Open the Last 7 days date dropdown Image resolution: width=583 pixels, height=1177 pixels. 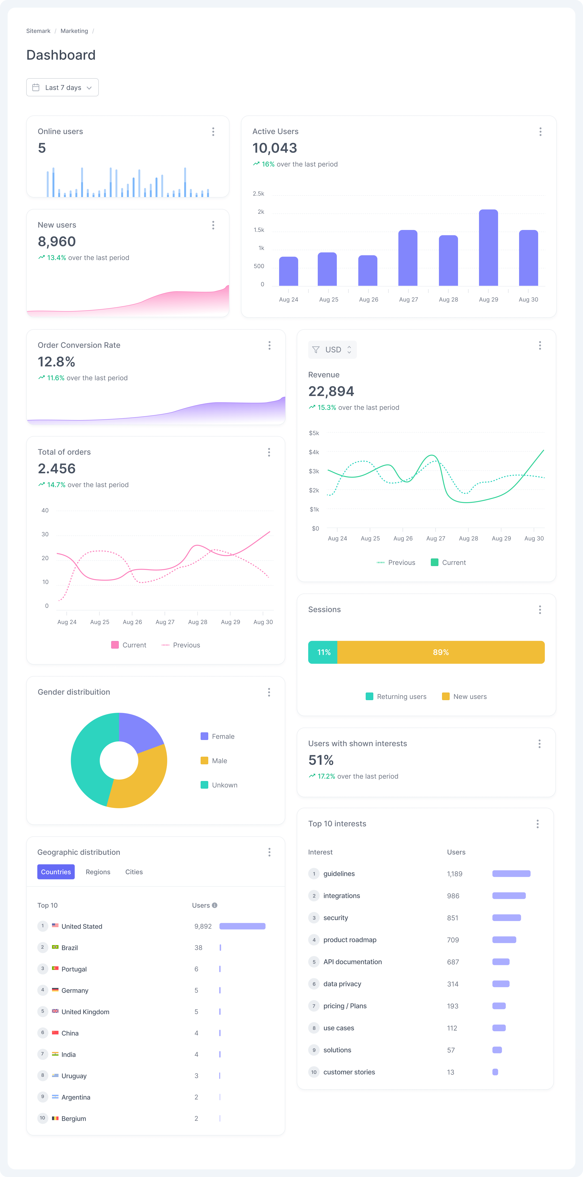pyautogui.click(x=62, y=87)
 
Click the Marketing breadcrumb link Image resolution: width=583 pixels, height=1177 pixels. pyautogui.click(x=74, y=31)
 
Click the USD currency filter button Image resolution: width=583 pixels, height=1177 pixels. pyautogui.click(x=332, y=349)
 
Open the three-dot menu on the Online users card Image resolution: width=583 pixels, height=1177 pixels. pyautogui.click(x=213, y=132)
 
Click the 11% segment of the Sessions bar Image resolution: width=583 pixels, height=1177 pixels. pyautogui.click(x=323, y=652)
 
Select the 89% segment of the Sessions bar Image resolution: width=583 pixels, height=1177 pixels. pyautogui.click(x=440, y=652)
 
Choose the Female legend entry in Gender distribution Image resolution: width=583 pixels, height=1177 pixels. pyautogui.click(x=223, y=736)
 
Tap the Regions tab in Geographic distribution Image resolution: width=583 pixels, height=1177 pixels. pyautogui.click(x=98, y=872)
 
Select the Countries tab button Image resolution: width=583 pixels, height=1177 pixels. pyautogui.click(x=56, y=872)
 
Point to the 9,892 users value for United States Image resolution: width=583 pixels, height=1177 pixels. pyautogui.click(x=203, y=926)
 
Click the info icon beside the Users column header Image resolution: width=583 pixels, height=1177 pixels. pyautogui.click(x=215, y=905)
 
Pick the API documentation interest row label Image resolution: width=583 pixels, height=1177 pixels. pyautogui.click(x=352, y=962)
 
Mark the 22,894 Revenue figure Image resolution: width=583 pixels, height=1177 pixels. pyautogui.click(x=331, y=391)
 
